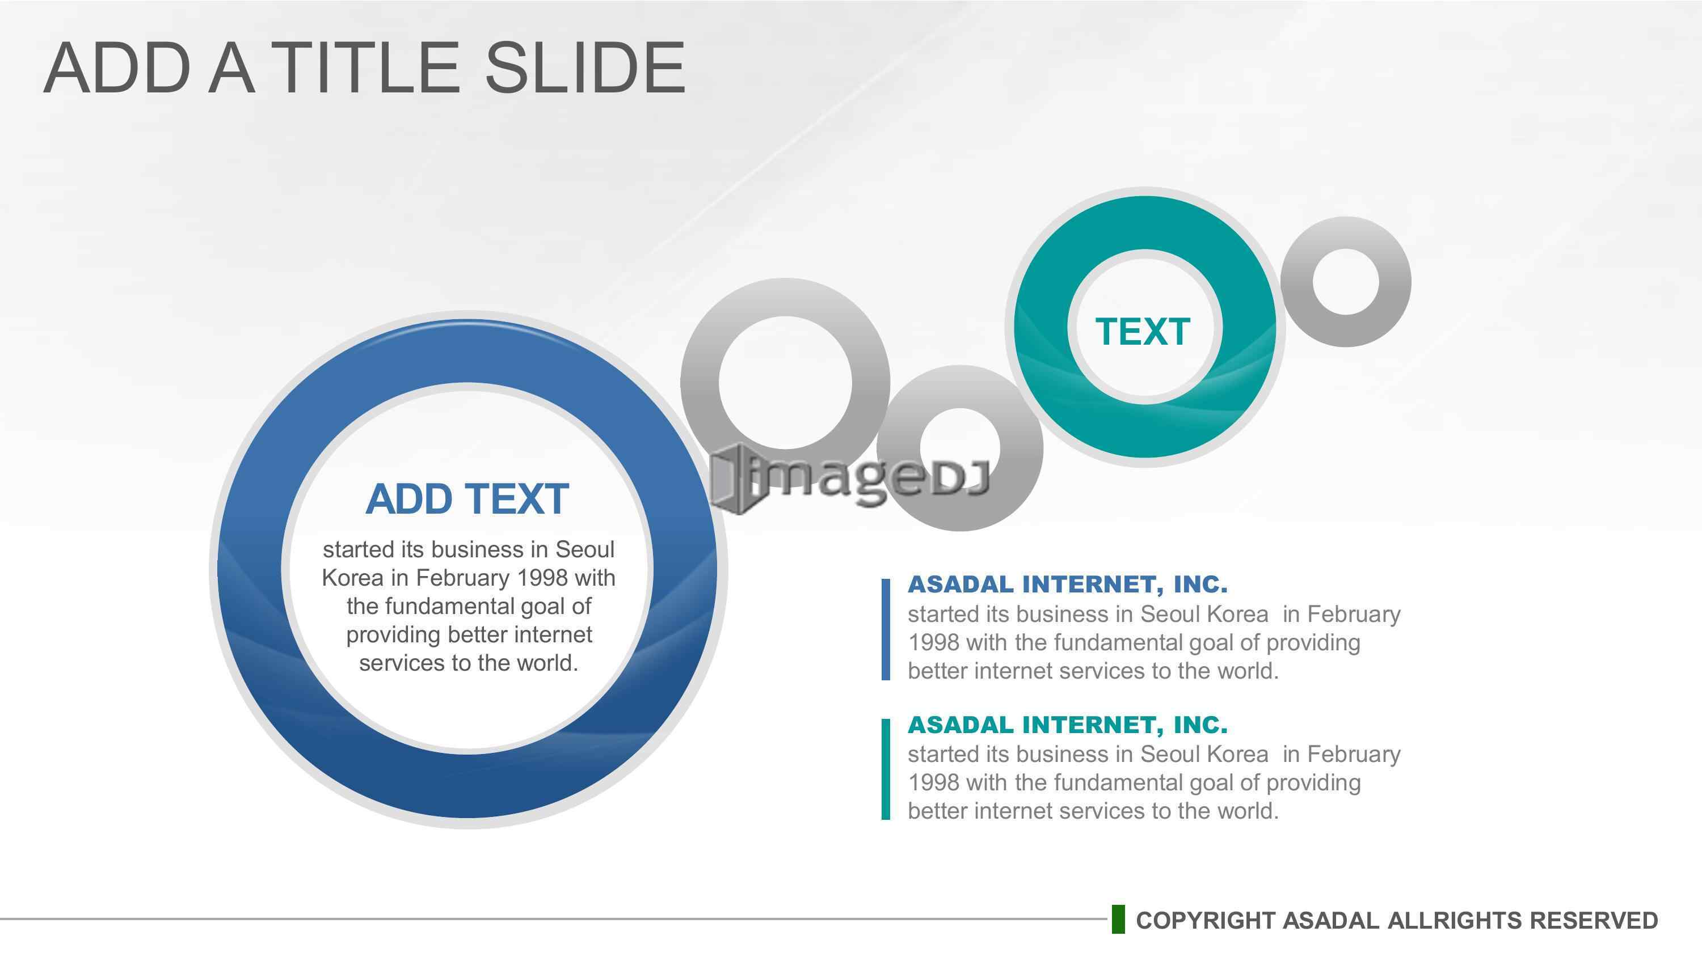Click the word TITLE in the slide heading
(x=368, y=67)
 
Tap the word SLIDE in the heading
(x=585, y=67)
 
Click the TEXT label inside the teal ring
(x=1143, y=332)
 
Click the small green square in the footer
(x=1118, y=920)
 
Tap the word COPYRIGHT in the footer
(x=1206, y=920)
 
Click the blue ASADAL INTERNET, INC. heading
(x=1068, y=584)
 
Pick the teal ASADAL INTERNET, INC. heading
(x=1068, y=725)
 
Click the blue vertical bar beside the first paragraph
(x=886, y=629)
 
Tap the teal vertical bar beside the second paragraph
(x=886, y=769)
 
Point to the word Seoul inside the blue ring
(x=585, y=549)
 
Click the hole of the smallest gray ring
(x=1346, y=282)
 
